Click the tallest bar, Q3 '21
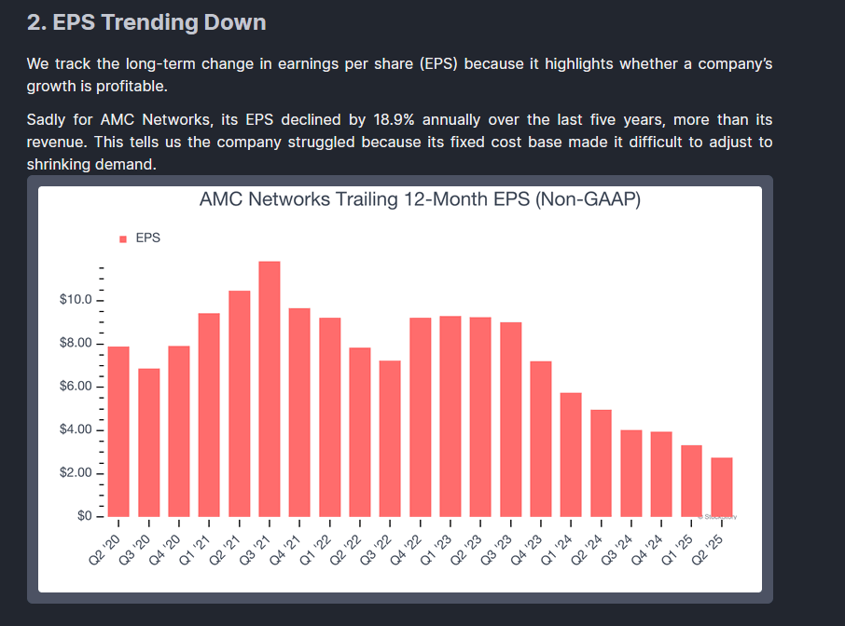point(270,388)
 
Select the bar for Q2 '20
point(118,431)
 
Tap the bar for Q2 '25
point(722,486)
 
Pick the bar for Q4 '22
point(421,416)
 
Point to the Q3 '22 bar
point(390,438)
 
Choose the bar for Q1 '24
point(571,455)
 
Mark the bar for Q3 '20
point(149,442)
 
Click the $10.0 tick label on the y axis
point(76,300)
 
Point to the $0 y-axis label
point(85,516)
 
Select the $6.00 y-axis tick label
point(76,387)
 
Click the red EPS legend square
point(123,239)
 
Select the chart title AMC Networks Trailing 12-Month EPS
point(420,199)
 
